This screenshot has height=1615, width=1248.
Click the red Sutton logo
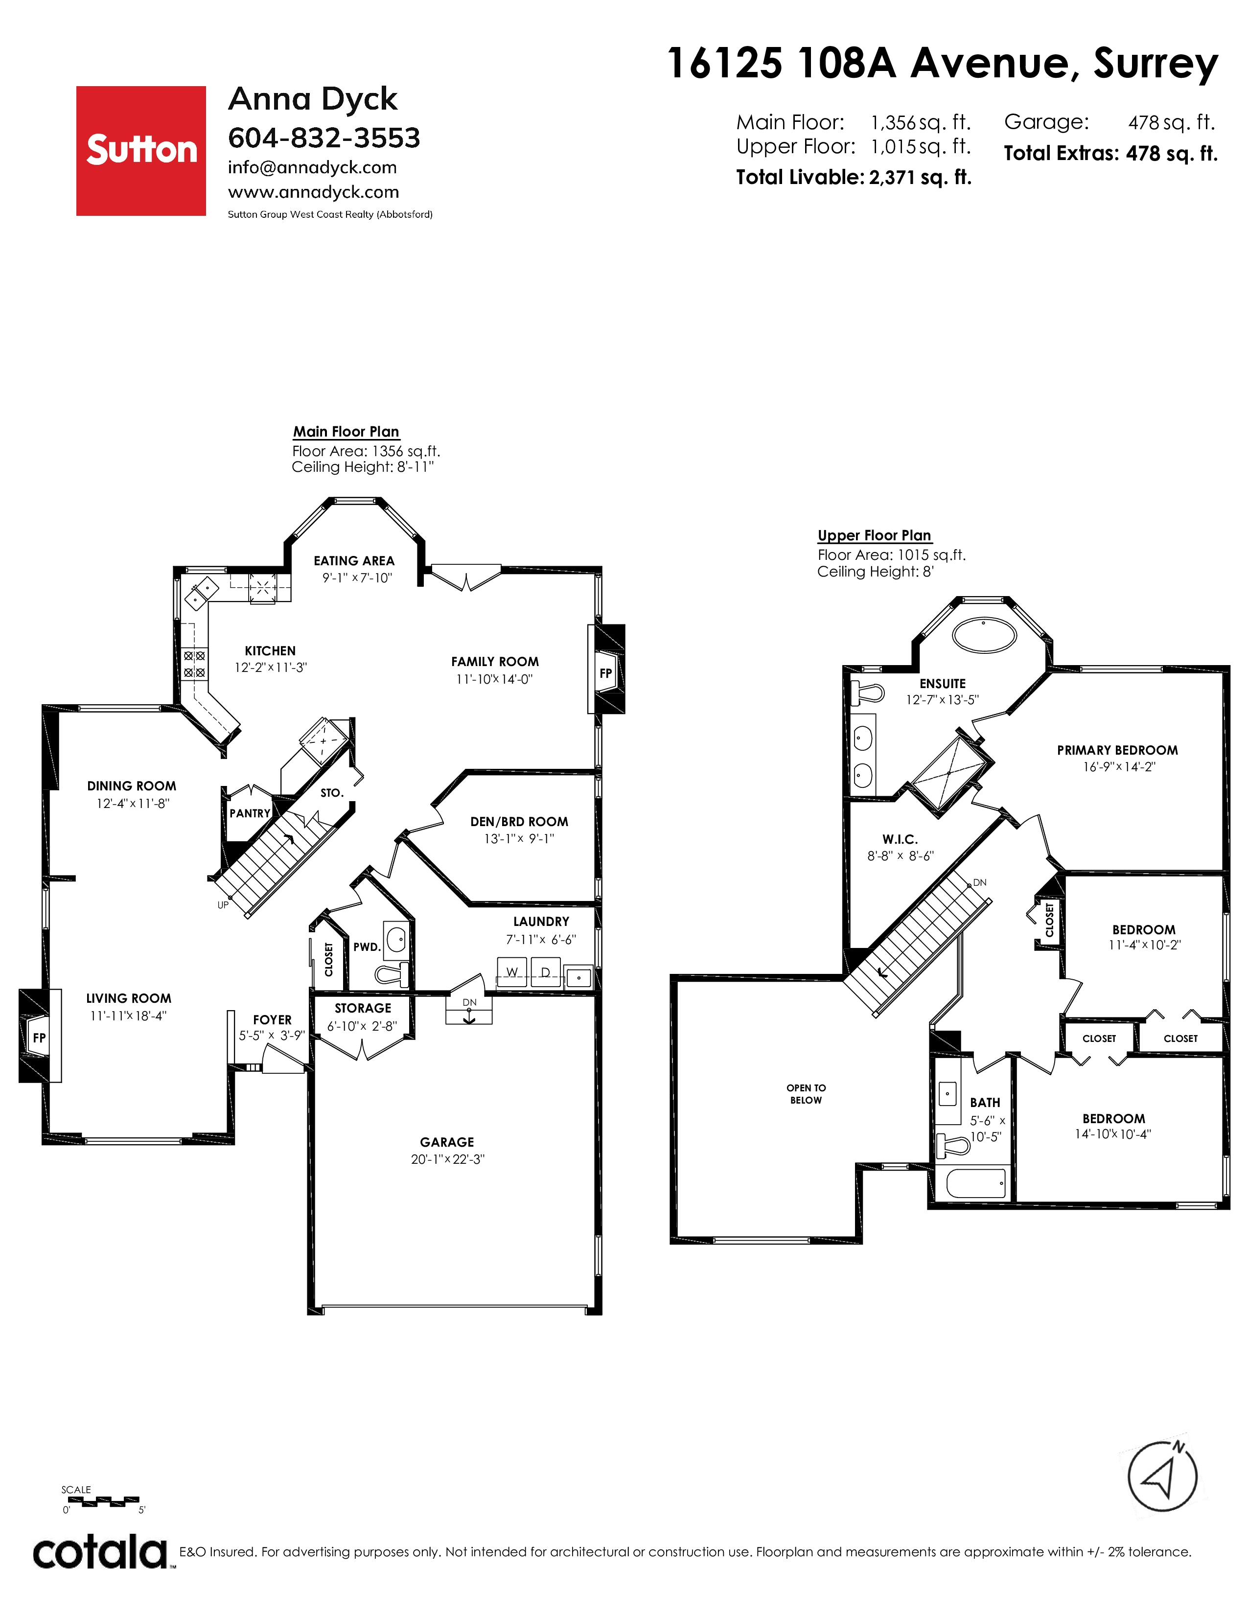point(141,151)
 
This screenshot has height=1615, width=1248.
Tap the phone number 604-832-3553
point(324,138)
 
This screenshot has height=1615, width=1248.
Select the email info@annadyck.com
point(312,168)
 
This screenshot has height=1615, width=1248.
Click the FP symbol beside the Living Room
point(39,1038)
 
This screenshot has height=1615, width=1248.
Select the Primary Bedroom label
point(1117,750)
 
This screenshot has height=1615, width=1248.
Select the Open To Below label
point(806,1094)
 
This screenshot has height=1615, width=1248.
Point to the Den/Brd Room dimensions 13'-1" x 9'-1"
point(519,838)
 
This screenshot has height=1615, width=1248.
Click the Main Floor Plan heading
point(346,432)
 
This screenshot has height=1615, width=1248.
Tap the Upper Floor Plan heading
point(874,535)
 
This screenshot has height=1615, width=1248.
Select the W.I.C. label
point(900,839)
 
